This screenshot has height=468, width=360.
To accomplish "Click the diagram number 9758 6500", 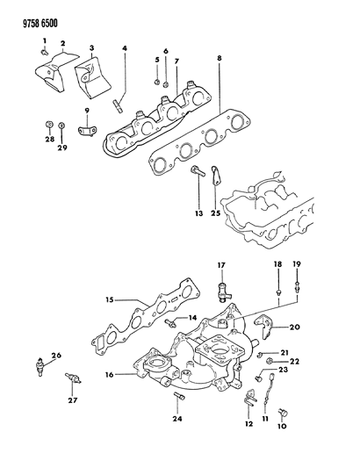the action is click(40, 24).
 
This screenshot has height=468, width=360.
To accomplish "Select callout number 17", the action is click(221, 265).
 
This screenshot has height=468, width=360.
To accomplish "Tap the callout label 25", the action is click(216, 213).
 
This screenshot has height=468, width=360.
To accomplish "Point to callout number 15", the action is click(110, 299).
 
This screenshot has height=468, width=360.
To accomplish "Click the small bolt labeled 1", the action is click(45, 53).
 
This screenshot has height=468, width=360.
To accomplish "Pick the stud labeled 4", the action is click(118, 105).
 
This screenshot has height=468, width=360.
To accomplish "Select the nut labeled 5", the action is click(156, 82).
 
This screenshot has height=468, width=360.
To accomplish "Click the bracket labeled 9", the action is click(87, 132).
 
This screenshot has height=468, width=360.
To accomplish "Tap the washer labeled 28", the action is click(49, 124).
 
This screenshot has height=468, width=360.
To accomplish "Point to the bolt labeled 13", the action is click(197, 170).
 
